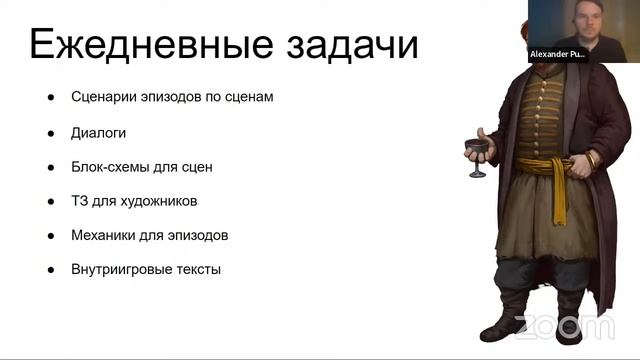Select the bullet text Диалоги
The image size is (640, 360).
click(x=98, y=132)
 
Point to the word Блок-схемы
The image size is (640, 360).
click(x=112, y=166)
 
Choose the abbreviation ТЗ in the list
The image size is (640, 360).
click(x=80, y=200)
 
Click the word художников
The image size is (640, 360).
click(x=158, y=200)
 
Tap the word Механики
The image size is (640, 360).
click(x=105, y=235)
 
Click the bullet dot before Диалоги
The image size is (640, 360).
click(x=49, y=132)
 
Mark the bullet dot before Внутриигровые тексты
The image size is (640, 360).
click(x=49, y=269)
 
